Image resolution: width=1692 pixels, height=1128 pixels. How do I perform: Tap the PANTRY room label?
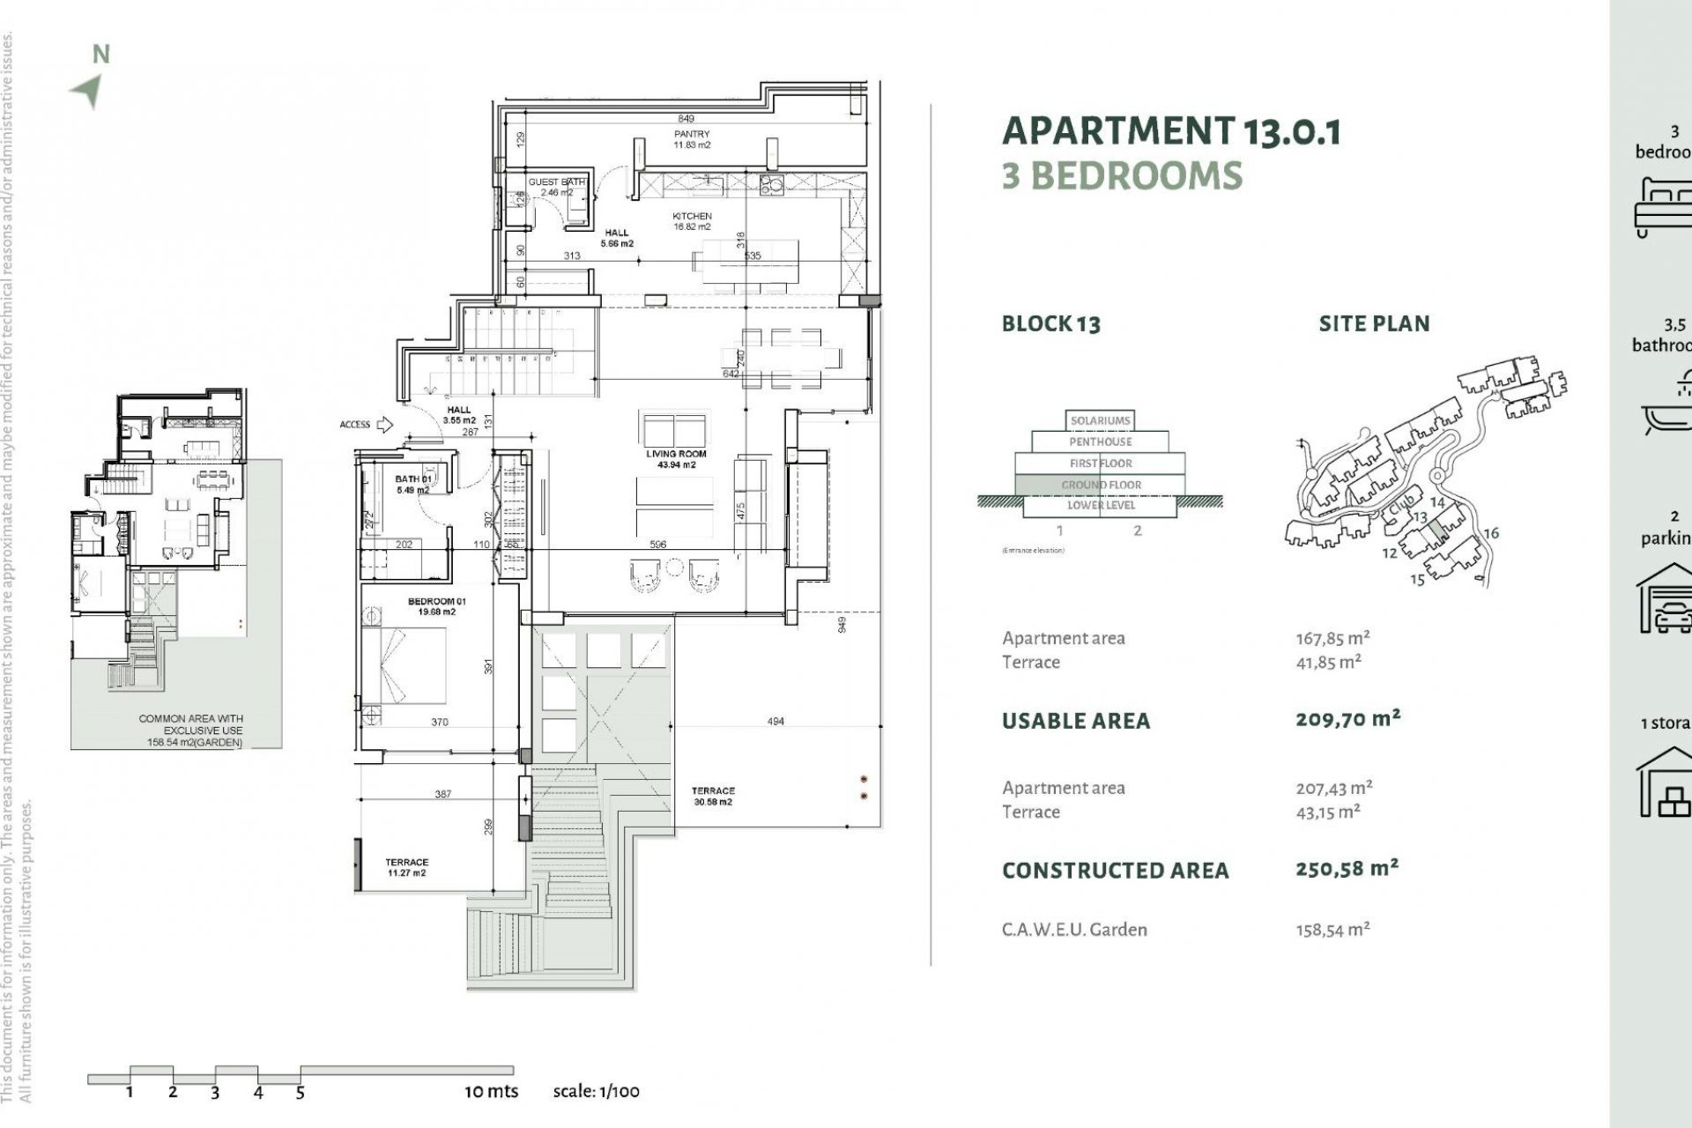(x=692, y=139)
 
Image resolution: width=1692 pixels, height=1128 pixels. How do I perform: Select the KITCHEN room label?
(x=692, y=221)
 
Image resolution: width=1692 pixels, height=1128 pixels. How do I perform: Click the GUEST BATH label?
(x=556, y=187)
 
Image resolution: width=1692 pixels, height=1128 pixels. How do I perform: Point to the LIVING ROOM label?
(x=676, y=459)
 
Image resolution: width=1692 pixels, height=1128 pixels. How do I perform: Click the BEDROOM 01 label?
(x=437, y=606)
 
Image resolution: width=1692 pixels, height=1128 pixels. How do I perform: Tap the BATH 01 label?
(x=412, y=485)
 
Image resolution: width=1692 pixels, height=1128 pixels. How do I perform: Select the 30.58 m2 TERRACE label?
(x=713, y=796)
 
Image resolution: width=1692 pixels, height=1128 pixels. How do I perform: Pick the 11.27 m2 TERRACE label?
(x=406, y=867)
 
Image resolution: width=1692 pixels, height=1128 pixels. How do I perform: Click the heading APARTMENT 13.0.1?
(x=1171, y=130)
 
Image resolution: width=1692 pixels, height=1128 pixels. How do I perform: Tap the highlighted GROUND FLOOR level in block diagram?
(x=1101, y=485)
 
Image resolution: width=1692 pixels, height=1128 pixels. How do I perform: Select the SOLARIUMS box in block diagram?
(x=1101, y=420)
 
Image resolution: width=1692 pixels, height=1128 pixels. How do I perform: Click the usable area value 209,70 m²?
(x=1347, y=719)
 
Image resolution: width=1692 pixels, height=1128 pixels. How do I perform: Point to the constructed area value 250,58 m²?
(x=1347, y=869)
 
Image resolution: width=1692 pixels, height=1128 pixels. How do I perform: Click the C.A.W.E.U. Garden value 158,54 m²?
(x=1332, y=929)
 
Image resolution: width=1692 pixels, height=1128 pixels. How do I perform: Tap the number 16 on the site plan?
(x=1491, y=533)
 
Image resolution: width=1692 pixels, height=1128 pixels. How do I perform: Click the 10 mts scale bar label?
(x=492, y=1091)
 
